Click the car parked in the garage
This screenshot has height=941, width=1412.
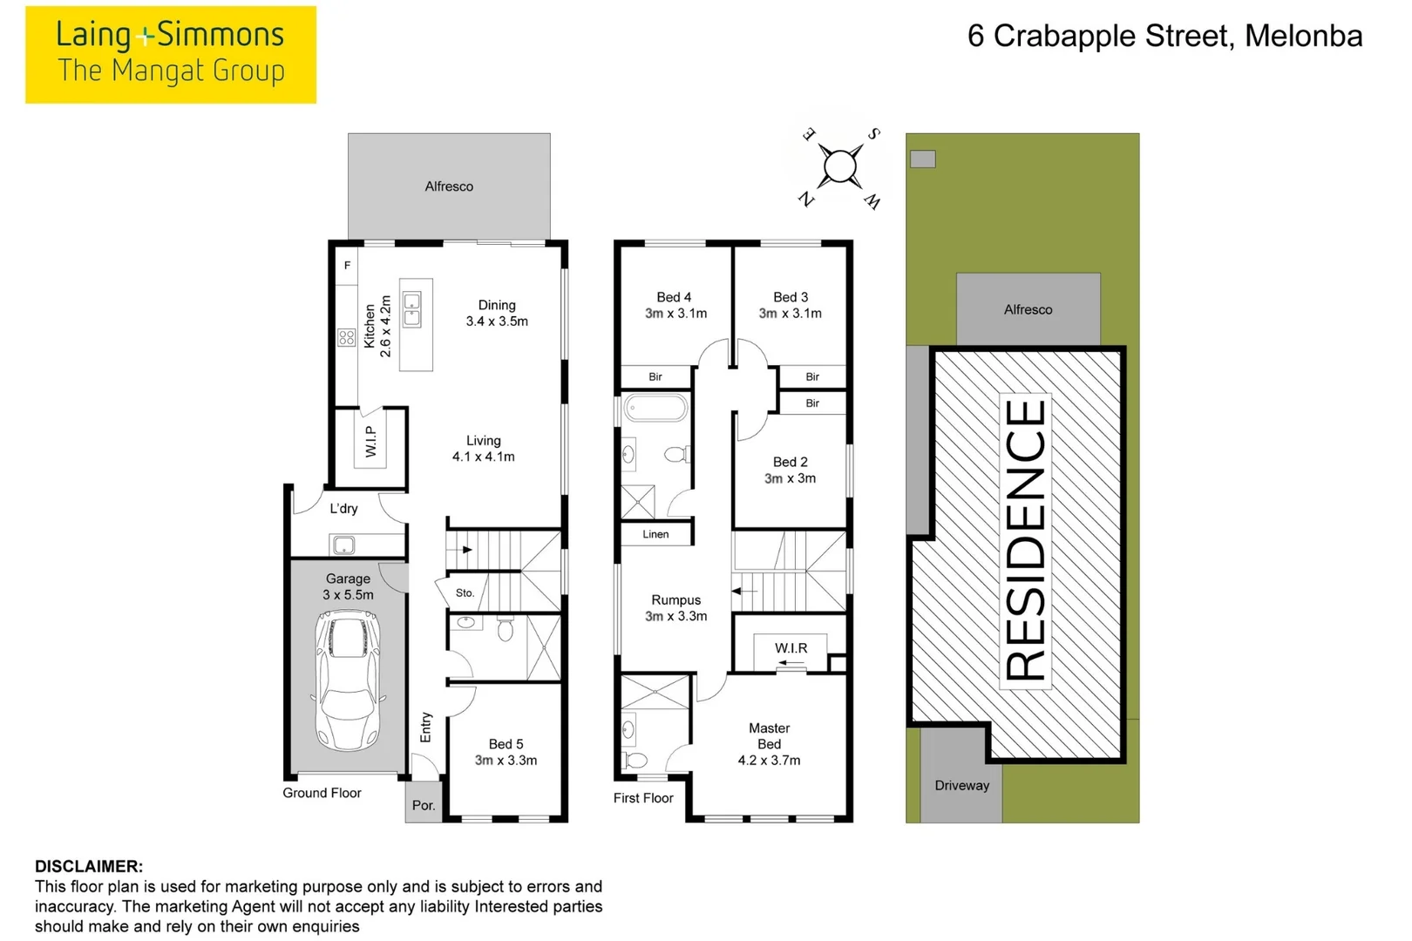(348, 682)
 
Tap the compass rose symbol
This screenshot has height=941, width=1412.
(840, 167)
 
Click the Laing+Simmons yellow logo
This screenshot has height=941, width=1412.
(171, 55)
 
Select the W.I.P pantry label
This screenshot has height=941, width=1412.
(370, 441)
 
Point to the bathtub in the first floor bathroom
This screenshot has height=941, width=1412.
(655, 408)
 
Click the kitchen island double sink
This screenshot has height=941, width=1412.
(411, 309)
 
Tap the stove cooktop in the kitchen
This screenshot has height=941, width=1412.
(346, 337)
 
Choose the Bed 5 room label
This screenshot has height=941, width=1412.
(506, 744)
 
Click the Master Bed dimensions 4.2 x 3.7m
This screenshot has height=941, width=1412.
(769, 761)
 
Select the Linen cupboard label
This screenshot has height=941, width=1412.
(655, 534)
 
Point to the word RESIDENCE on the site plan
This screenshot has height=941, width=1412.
(1026, 539)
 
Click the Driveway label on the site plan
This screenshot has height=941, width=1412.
(962, 785)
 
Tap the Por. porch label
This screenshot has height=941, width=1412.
(424, 805)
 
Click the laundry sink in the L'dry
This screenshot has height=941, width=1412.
(343, 545)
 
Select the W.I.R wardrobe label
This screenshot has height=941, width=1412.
(791, 648)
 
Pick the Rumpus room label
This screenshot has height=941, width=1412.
(675, 600)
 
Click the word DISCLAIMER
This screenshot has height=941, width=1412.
(89, 866)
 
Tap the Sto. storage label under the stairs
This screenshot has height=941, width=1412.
(465, 593)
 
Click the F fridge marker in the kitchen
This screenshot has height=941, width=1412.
(347, 266)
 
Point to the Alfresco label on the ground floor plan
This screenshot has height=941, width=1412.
(449, 186)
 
